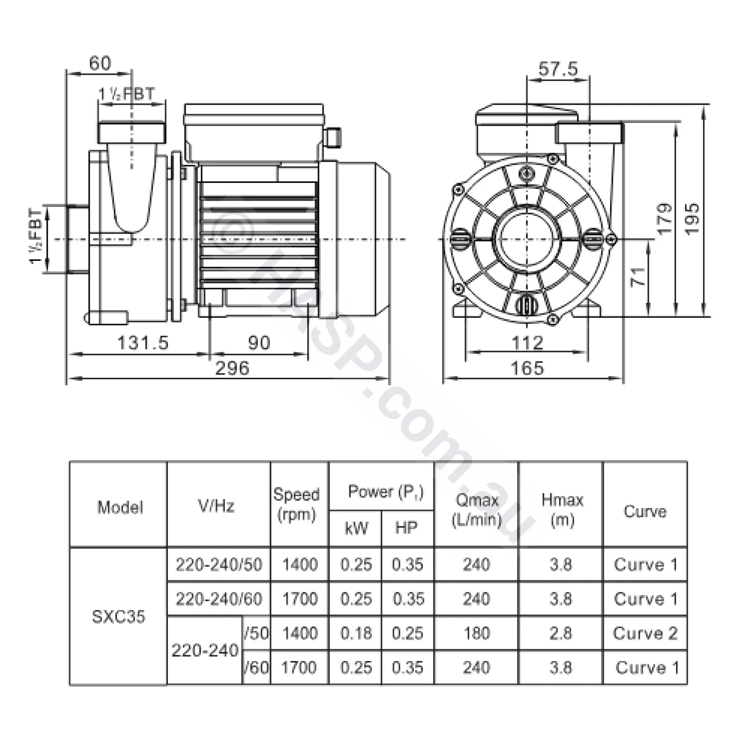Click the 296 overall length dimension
point(232,368)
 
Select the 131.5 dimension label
point(142,343)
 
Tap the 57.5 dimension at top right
point(558,69)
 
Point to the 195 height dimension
point(692,218)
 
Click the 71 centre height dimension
point(638,276)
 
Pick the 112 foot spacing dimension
point(527,343)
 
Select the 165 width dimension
point(527,368)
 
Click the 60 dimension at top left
point(100,63)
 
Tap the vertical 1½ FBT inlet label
point(36,237)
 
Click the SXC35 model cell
point(118,616)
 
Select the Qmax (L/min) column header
point(476,510)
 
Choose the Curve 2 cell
point(645,633)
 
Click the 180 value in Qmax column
point(476,633)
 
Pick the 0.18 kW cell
point(356,633)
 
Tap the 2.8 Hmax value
point(561,633)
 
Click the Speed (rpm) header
point(296,504)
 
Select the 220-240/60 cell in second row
point(219,599)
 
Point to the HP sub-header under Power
point(406,528)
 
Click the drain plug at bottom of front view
point(527,306)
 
